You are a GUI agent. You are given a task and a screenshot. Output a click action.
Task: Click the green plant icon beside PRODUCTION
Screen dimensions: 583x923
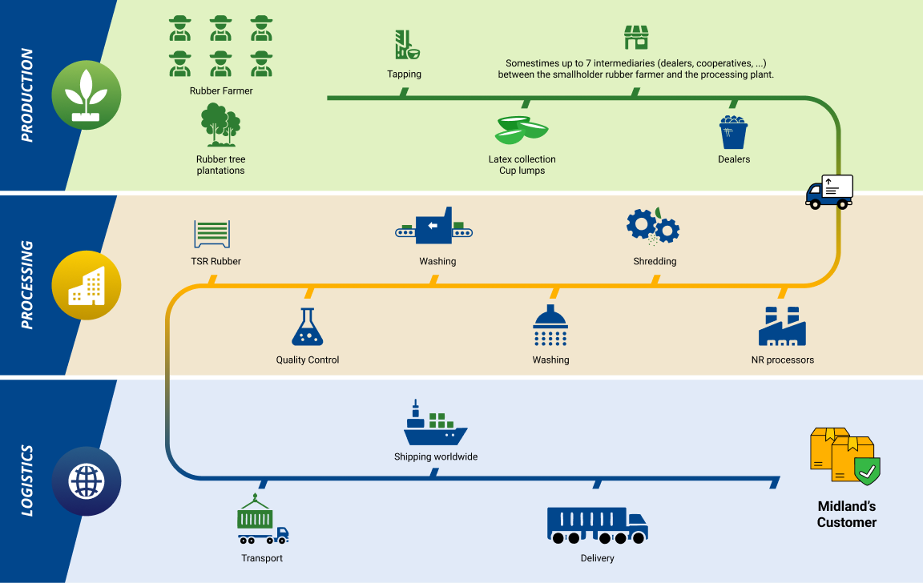pyautogui.click(x=86, y=94)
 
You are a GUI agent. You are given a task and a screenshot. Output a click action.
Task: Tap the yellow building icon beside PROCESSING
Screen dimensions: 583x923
pyautogui.click(x=86, y=286)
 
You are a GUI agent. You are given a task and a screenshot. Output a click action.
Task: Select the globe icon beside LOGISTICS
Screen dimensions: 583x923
pyautogui.click(x=86, y=480)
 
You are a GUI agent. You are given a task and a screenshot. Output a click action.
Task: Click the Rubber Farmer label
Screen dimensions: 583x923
pyautogui.click(x=221, y=91)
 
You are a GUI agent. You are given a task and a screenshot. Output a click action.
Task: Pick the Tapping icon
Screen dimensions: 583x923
pyautogui.click(x=407, y=46)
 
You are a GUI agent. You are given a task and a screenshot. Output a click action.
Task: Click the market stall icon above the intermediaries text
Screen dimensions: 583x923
pyautogui.click(x=635, y=37)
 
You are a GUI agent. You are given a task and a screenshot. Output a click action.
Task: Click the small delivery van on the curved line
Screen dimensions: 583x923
pyautogui.click(x=829, y=191)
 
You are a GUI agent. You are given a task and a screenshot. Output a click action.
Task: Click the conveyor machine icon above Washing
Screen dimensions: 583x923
pyautogui.click(x=434, y=227)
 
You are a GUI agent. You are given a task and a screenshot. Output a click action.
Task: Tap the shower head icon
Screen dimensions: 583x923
pyautogui.click(x=550, y=326)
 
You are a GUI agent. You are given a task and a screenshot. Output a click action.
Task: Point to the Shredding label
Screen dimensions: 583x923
pyautogui.click(x=655, y=261)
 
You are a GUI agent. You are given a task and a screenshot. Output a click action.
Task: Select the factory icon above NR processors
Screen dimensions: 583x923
pyautogui.click(x=781, y=326)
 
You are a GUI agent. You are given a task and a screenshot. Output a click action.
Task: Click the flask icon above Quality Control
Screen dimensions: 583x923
pyautogui.click(x=306, y=328)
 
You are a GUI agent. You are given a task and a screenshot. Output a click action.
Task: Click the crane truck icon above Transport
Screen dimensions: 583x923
pyautogui.click(x=262, y=521)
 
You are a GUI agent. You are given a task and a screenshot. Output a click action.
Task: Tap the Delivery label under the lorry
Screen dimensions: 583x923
pyautogui.click(x=597, y=558)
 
